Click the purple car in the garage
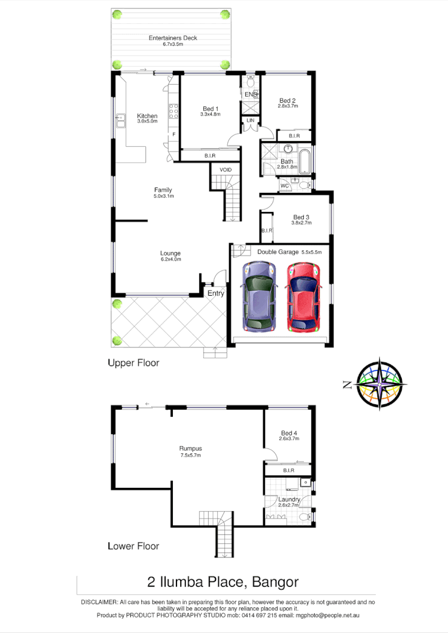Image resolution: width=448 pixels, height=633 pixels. [x=259, y=297]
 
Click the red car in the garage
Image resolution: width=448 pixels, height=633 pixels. [x=303, y=297]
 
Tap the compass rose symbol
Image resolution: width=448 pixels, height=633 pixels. [x=381, y=384]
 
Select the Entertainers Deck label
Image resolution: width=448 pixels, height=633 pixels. [x=173, y=38]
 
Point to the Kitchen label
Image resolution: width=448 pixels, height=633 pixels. [x=147, y=116]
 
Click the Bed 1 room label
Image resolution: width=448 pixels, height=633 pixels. [x=211, y=108]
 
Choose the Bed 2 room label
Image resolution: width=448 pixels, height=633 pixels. [x=287, y=100]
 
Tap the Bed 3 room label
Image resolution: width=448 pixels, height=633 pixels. [x=301, y=217]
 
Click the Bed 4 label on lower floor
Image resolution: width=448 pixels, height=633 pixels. [x=289, y=433]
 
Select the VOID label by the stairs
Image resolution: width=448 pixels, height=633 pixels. [x=225, y=170]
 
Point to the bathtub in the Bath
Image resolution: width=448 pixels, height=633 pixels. [x=305, y=161]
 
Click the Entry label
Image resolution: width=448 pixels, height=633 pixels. [x=215, y=293]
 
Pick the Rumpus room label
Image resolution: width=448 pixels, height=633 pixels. [x=190, y=448]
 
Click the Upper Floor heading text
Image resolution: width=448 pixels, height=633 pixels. [x=133, y=362]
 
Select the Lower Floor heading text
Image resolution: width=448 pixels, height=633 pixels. [x=133, y=545]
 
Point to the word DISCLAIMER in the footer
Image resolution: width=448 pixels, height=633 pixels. [x=99, y=603]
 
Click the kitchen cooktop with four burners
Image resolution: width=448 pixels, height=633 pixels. [x=174, y=112]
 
